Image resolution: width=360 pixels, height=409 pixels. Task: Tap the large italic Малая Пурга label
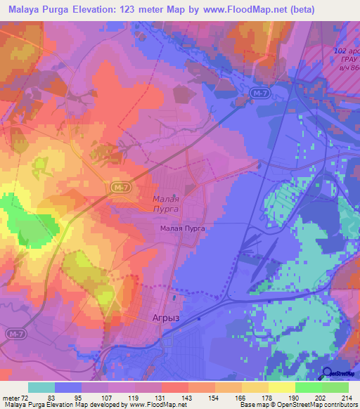[x=167, y=204]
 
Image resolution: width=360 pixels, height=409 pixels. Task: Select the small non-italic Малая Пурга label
[x=182, y=228]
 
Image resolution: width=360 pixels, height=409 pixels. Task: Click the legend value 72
[x=26, y=397]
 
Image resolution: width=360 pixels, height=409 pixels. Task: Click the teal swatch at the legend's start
[x=41, y=387]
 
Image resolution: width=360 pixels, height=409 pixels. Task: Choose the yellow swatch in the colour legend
[x=282, y=387]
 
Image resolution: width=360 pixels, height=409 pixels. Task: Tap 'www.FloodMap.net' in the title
[x=239, y=9]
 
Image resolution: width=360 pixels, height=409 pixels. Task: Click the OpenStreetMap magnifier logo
[x=326, y=374]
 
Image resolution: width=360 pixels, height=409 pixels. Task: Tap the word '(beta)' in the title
[x=298, y=9]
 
